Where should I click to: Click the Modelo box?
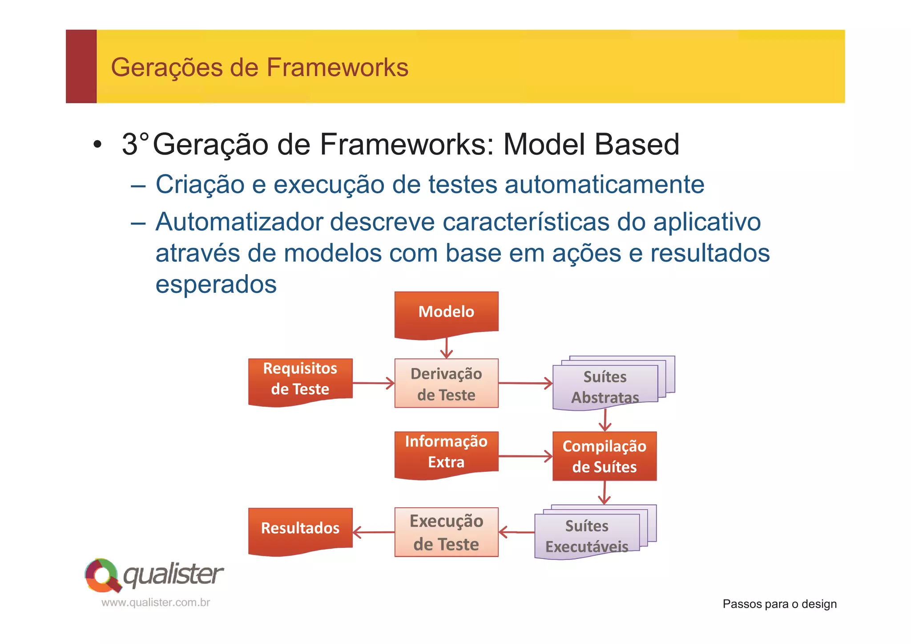[x=446, y=313]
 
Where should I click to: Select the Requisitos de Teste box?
[x=300, y=380]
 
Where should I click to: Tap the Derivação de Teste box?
[x=446, y=383]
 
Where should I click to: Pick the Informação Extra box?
[x=446, y=453]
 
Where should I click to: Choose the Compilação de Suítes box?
[x=604, y=456]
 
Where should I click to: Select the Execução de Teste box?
[x=446, y=532]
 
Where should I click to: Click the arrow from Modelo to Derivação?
[x=446, y=348]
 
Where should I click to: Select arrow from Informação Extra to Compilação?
[x=525, y=456]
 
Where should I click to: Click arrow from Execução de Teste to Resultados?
[x=374, y=532]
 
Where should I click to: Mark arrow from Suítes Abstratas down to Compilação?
[x=605, y=420]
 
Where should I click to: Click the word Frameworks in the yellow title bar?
[x=337, y=68]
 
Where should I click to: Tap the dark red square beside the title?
[x=81, y=67]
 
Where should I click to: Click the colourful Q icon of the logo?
[x=103, y=575]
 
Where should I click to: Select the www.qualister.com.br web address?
[x=156, y=603]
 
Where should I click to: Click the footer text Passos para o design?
[x=779, y=604]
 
